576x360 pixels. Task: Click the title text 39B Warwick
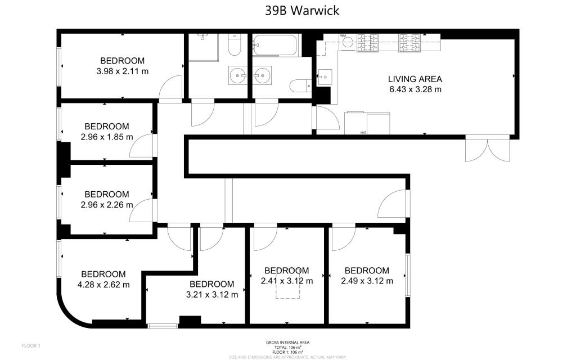pyautogui.click(x=302, y=10)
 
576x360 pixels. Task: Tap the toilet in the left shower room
pyautogui.click(x=235, y=45)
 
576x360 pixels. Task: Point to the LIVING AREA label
pyautogui.click(x=415, y=79)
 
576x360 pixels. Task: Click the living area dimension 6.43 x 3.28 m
pyautogui.click(x=415, y=89)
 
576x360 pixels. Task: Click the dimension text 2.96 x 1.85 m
pyautogui.click(x=106, y=137)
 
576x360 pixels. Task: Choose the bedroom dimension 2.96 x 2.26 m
pyautogui.click(x=106, y=205)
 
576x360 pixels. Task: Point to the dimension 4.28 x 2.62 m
pyautogui.click(x=103, y=285)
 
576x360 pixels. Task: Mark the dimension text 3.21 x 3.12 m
pyautogui.click(x=211, y=294)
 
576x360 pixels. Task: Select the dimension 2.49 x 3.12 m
pyautogui.click(x=367, y=281)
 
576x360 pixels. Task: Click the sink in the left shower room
pyautogui.click(x=238, y=75)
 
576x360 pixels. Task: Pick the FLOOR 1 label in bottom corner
pyautogui.click(x=31, y=345)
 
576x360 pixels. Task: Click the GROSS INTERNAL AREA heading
pyautogui.click(x=287, y=343)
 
